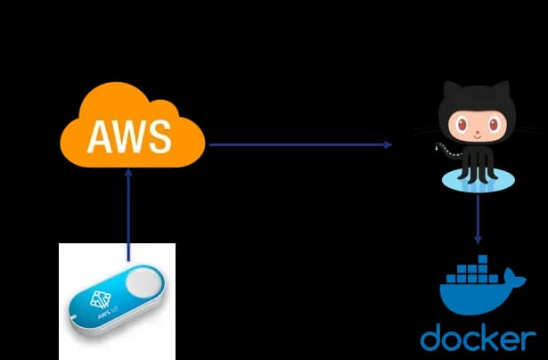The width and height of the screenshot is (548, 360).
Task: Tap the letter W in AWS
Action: (x=128, y=135)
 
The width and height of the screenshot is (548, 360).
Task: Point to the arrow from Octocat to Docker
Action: (x=478, y=219)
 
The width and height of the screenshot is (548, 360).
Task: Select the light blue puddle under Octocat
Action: (x=478, y=183)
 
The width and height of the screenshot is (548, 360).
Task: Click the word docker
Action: (x=478, y=339)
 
